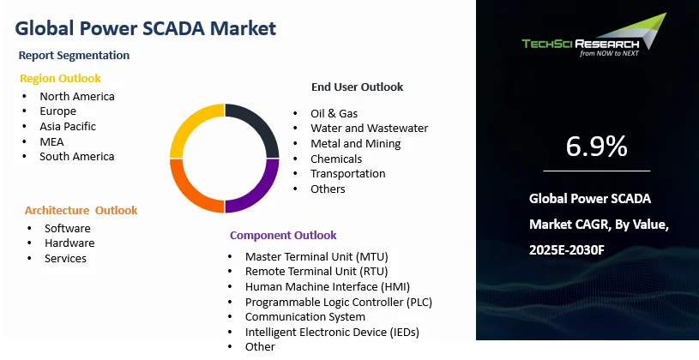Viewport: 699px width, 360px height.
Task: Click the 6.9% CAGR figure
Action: (596, 147)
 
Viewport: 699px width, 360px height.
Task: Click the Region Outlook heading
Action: (60, 78)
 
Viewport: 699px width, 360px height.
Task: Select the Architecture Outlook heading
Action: (81, 210)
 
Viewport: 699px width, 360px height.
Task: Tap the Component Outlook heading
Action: (283, 235)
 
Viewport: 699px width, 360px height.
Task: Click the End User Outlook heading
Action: (357, 87)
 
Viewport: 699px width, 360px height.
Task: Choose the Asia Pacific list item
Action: (68, 127)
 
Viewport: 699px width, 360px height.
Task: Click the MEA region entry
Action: (51, 141)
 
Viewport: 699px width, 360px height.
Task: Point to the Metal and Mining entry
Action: (356, 143)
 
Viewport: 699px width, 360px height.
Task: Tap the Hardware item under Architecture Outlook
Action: (69, 243)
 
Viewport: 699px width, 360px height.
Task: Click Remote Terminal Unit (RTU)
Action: (316, 272)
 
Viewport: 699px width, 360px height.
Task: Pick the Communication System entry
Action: (305, 317)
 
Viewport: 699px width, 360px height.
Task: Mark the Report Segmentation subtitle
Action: (74, 55)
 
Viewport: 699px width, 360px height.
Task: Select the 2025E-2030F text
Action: (567, 250)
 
